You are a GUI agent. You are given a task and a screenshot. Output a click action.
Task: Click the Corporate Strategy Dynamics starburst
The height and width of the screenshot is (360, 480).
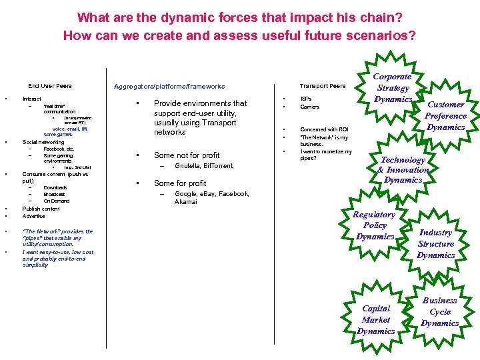coord(393,88)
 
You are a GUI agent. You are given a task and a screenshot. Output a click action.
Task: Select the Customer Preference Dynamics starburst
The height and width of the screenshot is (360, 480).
coord(445,116)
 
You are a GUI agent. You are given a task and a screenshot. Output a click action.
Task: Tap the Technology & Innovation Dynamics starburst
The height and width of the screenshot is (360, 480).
coord(403,169)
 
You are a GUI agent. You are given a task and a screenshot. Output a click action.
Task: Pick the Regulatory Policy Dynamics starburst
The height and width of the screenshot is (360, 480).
coord(375,225)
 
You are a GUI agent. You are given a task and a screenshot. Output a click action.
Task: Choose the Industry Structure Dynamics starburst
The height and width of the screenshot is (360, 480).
coord(435,243)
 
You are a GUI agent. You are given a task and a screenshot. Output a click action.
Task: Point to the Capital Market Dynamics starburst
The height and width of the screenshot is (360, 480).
coord(375,319)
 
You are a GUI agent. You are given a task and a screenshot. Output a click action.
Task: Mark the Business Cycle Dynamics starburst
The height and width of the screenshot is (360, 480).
coord(439,311)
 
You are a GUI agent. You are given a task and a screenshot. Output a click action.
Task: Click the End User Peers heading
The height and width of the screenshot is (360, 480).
coord(50,86)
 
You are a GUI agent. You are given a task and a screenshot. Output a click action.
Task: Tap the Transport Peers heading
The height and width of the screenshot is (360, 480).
coord(323,86)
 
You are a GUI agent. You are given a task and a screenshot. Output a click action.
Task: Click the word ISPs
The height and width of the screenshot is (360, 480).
coord(306,98)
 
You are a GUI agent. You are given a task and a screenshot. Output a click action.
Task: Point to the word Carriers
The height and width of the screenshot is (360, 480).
coord(310,107)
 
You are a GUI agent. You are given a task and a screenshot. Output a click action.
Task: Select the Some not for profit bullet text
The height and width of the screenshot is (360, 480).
coord(187,155)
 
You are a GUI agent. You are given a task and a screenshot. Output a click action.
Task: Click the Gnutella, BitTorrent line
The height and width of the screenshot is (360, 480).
coord(204,166)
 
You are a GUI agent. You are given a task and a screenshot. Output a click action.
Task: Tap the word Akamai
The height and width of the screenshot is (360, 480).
coord(186,201)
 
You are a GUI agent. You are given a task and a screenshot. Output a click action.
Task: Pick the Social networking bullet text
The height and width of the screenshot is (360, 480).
coord(43,142)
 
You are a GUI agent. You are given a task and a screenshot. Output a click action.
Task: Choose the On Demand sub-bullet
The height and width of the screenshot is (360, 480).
coord(57,201)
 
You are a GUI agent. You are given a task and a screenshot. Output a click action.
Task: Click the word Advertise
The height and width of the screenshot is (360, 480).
coord(34,216)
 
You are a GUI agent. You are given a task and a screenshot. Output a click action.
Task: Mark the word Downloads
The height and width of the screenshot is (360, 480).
coord(55,188)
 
